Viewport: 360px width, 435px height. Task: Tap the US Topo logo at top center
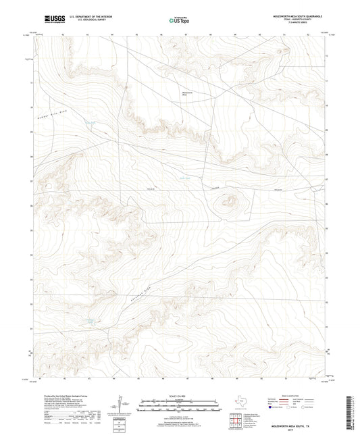coord(177,20)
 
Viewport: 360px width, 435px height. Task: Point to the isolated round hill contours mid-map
coord(228,201)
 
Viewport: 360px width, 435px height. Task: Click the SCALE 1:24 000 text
coord(180,395)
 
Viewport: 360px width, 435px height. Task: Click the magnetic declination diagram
coord(120,405)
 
